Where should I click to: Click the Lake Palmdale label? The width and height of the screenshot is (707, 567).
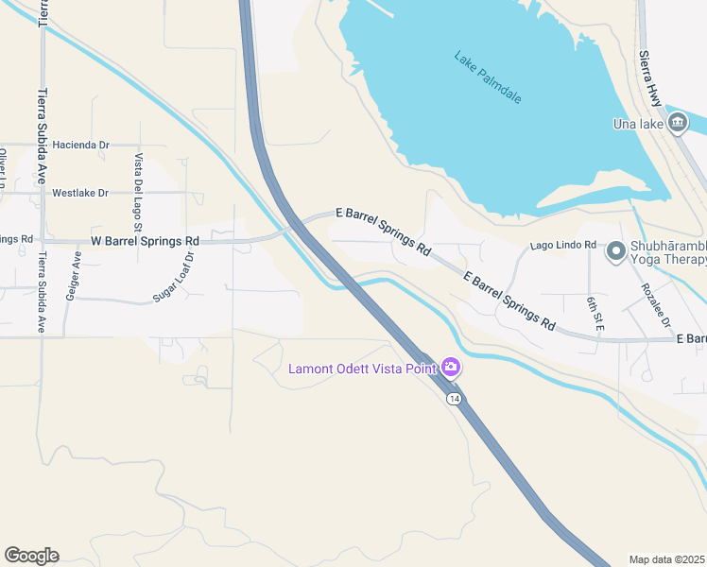[488, 77]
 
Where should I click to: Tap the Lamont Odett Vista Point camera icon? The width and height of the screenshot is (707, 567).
[452, 367]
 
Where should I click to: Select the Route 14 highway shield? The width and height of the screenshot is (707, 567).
[456, 400]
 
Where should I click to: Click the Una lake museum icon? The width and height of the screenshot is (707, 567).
[678, 123]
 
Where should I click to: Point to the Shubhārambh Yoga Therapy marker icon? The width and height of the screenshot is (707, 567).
[616, 250]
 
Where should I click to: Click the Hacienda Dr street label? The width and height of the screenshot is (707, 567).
[81, 145]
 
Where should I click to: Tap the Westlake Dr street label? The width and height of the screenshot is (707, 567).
[80, 193]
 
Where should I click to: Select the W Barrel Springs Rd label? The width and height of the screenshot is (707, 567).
[145, 241]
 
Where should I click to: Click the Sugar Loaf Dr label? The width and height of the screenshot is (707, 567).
[174, 277]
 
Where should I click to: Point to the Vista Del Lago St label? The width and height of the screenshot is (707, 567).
[138, 193]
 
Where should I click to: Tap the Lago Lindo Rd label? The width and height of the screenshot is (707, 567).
[563, 245]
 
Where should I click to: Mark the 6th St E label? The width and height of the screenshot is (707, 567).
[593, 311]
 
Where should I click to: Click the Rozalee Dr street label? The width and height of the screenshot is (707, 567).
[656, 305]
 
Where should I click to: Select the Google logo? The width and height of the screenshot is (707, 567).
[31, 556]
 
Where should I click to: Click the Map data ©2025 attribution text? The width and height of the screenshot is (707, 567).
[667, 559]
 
